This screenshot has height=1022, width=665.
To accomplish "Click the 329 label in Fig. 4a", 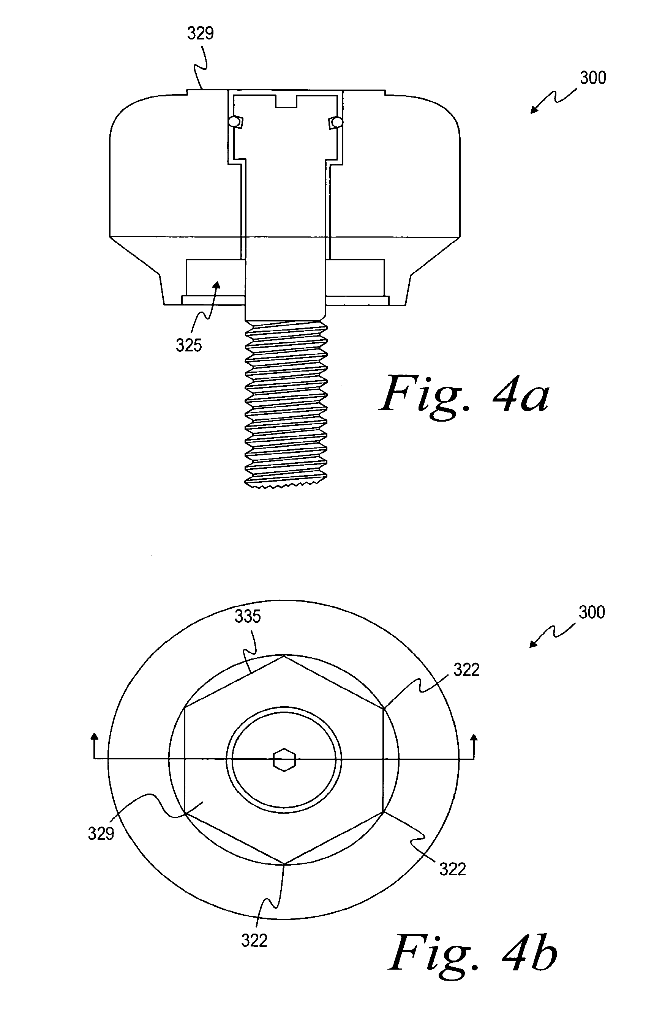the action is point(200,33).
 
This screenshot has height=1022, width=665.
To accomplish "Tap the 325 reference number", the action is point(189,345).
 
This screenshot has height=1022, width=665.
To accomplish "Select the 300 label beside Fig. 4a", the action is point(593,78).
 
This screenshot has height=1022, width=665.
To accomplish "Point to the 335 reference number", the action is point(248,617).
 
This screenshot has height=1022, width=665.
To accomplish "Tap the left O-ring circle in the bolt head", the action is point(234,122).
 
